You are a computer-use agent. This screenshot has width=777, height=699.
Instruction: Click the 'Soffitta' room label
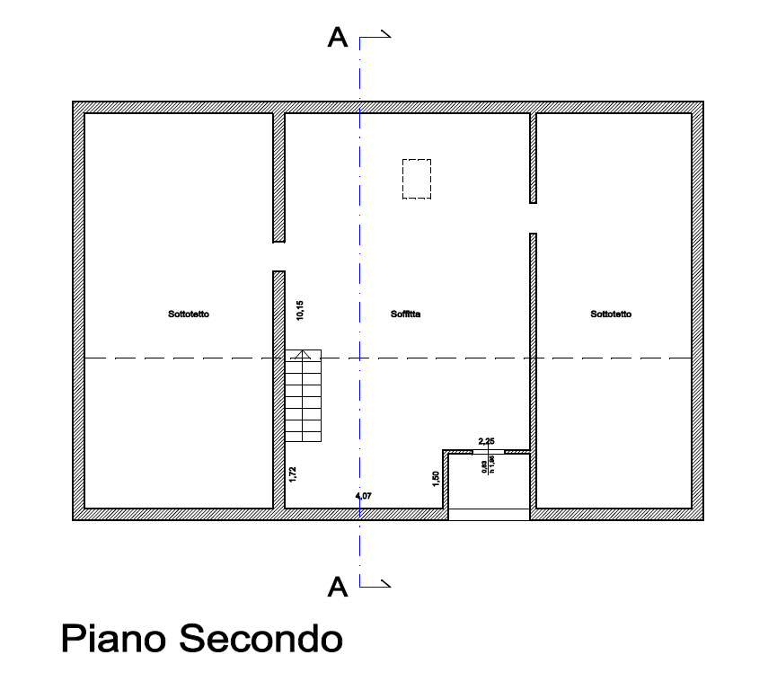[406, 314]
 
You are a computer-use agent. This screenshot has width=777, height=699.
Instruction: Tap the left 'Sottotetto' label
[189, 314]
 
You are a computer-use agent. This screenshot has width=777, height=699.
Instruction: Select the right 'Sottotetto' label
[611, 314]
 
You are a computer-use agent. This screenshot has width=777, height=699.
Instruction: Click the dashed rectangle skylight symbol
[417, 178]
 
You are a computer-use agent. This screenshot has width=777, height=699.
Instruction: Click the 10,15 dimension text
[301, 310]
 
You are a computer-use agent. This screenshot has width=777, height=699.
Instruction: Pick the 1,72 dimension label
[293, 474]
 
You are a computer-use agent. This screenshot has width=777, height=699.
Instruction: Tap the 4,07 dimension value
[364, 496]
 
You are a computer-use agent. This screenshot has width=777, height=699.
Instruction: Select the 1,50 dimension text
[436, 479]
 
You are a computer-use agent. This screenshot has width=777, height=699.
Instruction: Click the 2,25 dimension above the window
[487, 440]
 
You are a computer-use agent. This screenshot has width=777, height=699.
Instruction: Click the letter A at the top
[338, 38]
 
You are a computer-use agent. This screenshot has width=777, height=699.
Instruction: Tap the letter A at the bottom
[338, 588]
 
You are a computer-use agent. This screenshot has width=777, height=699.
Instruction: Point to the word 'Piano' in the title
[114, 640]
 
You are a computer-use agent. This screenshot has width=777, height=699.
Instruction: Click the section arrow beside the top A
[376, 37]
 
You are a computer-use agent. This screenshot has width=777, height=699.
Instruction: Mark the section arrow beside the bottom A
[376, 586]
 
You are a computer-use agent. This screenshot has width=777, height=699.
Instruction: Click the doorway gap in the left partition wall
[279, 256]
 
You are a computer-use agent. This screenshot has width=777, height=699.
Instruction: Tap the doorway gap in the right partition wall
[533, 218]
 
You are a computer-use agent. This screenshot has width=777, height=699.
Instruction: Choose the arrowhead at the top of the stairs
[304, 354]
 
